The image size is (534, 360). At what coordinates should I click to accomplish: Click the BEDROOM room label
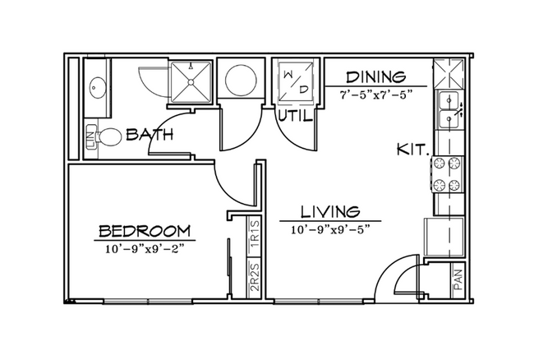tap(145, 231)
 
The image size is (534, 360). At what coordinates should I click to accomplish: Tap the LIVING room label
tap(330, 211)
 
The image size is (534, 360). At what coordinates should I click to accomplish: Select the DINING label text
tap(376, 77)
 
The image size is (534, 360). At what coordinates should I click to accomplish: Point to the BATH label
tap(150, 135)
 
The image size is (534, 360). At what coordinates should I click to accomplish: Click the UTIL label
tap(295, 116)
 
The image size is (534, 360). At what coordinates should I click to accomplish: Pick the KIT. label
tap(412, 150)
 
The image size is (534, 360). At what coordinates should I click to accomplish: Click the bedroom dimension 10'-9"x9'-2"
tap(145, 249)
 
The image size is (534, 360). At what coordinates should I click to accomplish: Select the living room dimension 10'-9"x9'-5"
tap(330, 230)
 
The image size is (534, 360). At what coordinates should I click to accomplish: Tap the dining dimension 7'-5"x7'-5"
tap(376, 95)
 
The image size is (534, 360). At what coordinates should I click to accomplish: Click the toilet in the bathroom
tap(108, 137)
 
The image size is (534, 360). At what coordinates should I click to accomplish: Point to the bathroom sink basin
tap(97, 88)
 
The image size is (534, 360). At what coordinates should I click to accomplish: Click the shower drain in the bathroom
tap(191, 81)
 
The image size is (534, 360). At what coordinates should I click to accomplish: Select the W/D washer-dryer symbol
tap(295, 82)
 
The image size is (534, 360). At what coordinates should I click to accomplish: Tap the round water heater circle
tap(241, 81)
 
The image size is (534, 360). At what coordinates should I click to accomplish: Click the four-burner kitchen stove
tap(449, 174)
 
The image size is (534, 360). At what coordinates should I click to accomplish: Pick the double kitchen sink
tap(449, 109)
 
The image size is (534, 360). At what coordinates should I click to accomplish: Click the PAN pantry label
tap(458, 280)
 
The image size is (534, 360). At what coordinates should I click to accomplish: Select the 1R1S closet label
tap(255, 235)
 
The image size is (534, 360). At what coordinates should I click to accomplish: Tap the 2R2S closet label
tap(255, 277)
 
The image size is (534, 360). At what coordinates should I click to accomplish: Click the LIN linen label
tap(90, 136)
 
